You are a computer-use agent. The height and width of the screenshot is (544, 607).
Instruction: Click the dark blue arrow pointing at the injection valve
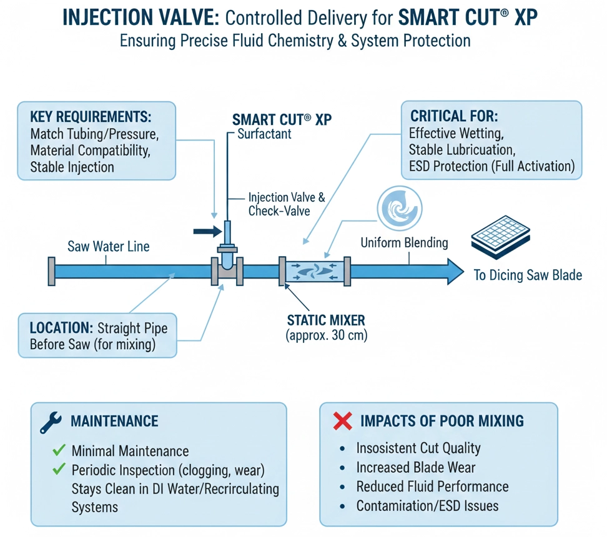(x=207, y=232)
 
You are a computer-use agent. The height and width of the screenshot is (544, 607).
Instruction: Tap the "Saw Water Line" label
(x=108, y=247)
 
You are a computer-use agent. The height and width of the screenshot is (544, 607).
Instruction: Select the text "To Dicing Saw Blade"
(x=528, y=275)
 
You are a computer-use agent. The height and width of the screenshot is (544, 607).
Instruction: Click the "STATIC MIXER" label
(x=326, y=320)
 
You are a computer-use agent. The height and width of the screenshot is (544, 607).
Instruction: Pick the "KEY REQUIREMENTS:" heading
(x=91, y=117)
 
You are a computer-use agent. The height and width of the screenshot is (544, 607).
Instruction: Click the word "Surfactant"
(x=265, y=134)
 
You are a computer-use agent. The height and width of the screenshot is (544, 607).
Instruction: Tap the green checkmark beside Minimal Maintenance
(x=59, y=450)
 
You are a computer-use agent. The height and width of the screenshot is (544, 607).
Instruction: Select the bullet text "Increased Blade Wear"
(x=416, y=468)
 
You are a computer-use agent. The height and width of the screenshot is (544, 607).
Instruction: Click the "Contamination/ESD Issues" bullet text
(x=427, y=506)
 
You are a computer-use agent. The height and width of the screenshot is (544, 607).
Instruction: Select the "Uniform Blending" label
(x=404, y=242)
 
